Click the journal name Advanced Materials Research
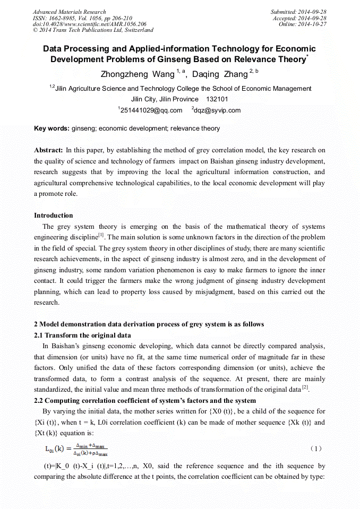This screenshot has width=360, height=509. click(x=69, y=12)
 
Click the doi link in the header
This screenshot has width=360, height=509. click(x=89, y=24)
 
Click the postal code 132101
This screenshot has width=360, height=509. click(x=217, y=99)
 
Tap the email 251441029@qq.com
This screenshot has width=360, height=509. click(x=151, y=110)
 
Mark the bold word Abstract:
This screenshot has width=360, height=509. click(x=49, y=150)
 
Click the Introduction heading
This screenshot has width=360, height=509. click(x=54, y=215)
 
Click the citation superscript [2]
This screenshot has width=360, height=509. click(x=305, y=388)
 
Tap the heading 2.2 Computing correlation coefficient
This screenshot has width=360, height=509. click(x=145, y=401)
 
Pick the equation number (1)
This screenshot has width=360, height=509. click(x=316, y=448)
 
